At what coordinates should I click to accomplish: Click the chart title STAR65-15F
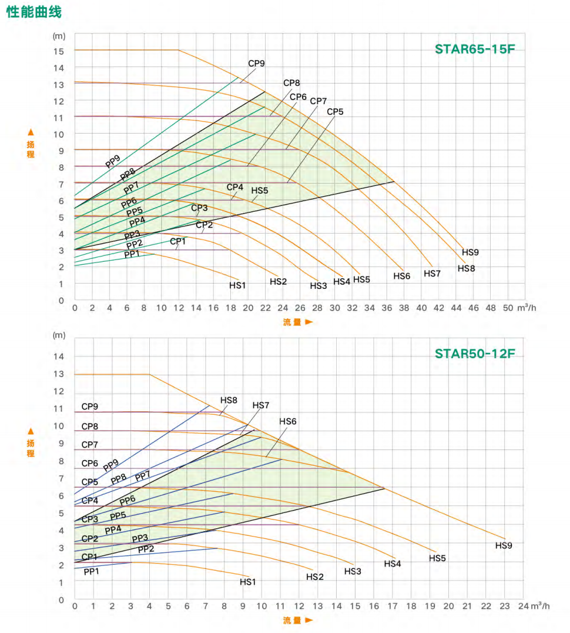pos(475,49)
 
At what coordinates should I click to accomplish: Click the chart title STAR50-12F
pos(475,354)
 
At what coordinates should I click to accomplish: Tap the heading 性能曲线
pos(33,12)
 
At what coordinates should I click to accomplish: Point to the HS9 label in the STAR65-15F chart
pos(470,252)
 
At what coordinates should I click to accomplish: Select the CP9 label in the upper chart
pos(256,64)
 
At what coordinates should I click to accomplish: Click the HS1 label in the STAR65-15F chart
pos(237,285)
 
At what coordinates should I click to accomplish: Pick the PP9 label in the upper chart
pos(113,161)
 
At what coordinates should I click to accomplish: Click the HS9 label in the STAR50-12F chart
pos(504,545)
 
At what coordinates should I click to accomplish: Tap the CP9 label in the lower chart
pos(90,407)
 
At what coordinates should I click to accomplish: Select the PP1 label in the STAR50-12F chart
pos(92,571)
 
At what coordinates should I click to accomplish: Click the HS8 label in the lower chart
pos(229,400)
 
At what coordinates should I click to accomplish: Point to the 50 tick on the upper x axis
pos(508,308)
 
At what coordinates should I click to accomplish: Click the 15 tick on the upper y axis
pos(59,51)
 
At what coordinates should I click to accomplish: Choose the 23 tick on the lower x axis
pos(504,606)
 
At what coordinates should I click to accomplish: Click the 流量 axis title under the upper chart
pos(297,322)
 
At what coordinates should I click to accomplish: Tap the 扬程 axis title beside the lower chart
pos(31,448)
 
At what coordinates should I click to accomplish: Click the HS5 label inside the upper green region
pos(260,191)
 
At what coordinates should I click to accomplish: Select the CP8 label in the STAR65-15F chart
pos(291,83)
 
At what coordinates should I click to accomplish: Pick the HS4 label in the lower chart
pos(393,564)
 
